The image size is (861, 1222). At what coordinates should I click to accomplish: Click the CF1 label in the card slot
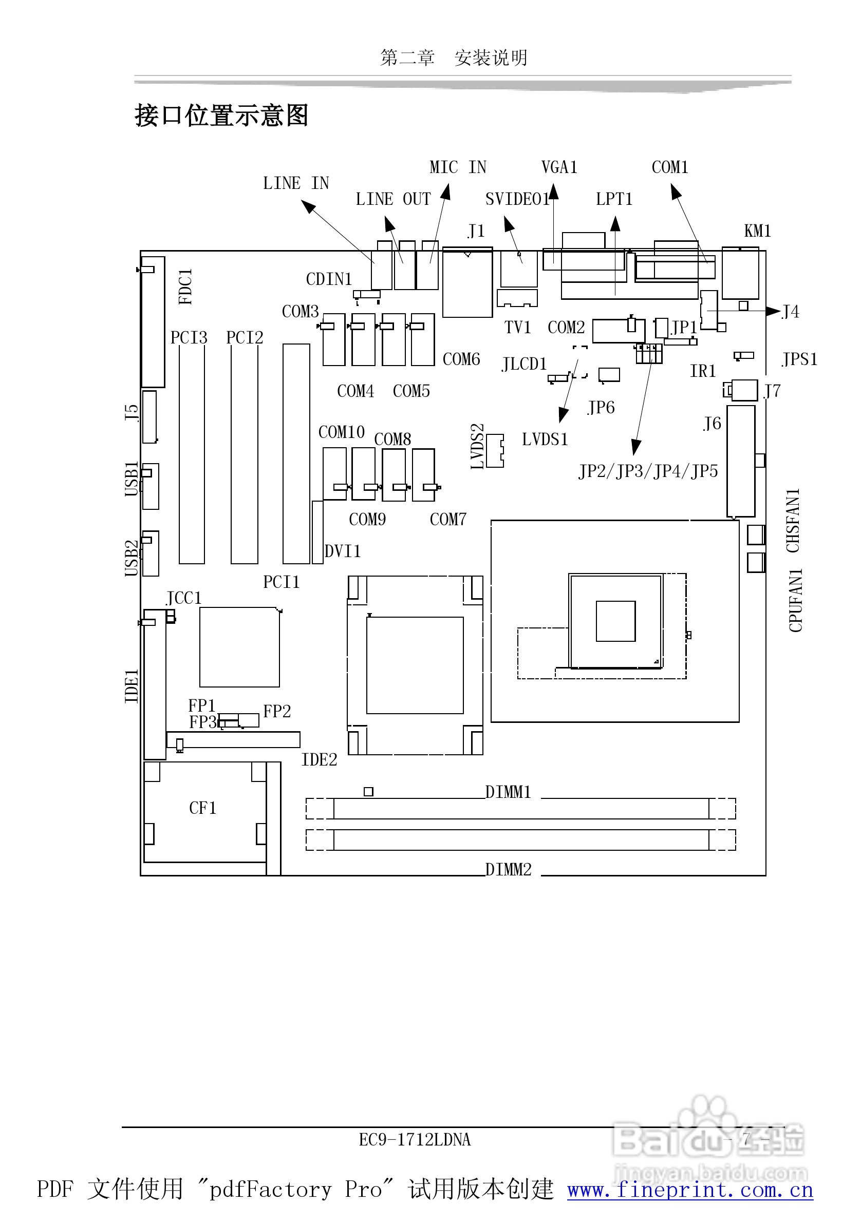click(202, 808)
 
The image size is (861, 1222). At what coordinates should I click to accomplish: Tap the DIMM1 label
click(508, 792)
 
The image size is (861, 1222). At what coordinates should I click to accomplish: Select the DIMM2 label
click(508, 870)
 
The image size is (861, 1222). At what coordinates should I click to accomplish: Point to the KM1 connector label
click(757, 231)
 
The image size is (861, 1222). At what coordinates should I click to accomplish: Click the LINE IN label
click(296, 183)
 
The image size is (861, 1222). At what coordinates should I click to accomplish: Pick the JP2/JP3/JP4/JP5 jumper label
click(648, 471)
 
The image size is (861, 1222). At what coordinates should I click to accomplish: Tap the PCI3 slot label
click(189, 337)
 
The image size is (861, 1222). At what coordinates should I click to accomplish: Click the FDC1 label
click(185, 287)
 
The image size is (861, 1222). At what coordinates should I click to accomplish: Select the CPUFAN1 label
click(795, 600)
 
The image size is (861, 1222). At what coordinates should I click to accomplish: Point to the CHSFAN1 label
click(793, 521)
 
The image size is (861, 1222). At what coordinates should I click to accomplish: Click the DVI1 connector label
click(342, 551)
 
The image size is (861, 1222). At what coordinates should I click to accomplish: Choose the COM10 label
click(341, 432)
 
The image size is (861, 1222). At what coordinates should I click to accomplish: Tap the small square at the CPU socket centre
click(615, 621)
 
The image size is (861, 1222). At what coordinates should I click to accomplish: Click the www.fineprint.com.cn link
click(690, 1190)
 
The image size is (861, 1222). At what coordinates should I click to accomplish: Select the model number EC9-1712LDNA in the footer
click(414, 1140)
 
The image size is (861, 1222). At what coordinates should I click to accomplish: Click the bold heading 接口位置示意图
click(221, 116)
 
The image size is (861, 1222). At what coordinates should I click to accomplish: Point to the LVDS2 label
click(477, 446)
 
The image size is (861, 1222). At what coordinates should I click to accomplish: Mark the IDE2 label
click(319, 759)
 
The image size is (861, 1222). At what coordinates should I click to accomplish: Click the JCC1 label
click(184, 598)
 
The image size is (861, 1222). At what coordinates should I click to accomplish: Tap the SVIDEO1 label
click(516, 199)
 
